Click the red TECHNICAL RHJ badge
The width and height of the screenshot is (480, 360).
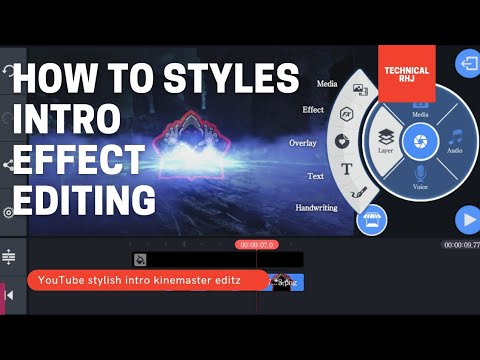pyautogui.click(x=407, y=73)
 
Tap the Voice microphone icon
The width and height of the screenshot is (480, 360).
pyautogui.click(x=420, y=174)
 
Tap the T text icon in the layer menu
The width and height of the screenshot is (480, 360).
pyautogui.click(x=346, y=169)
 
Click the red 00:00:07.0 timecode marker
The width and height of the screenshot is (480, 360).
pyautogui.click(x=256, y=245)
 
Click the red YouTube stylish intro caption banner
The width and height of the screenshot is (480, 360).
pyautogui.click(x=148, y=281)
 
